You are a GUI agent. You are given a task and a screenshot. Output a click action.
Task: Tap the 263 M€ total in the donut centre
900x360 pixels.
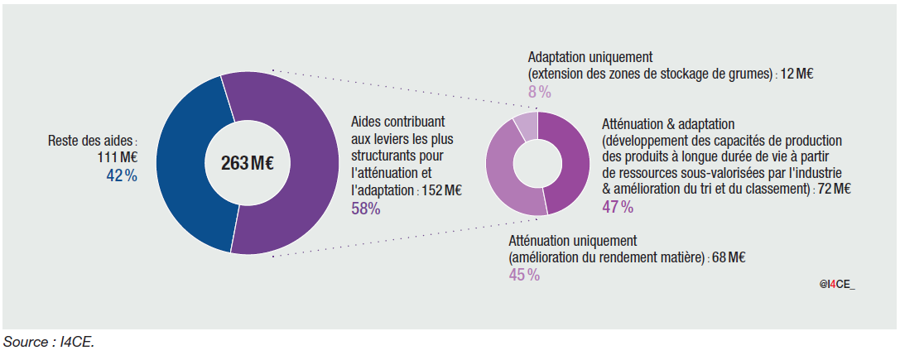pos(248,163)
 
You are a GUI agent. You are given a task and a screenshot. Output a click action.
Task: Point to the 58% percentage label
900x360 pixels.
pos(365,209)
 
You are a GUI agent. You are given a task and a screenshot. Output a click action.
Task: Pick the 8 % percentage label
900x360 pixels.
pos(539,91)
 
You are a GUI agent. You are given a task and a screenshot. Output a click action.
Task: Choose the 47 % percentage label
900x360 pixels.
pos(618,207)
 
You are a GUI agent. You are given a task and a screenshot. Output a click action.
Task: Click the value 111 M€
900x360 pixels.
pos(118,158)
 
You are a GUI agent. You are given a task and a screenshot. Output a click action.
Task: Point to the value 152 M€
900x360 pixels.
pos(442,190)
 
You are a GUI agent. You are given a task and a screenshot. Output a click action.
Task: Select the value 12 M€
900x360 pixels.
pos(797,74)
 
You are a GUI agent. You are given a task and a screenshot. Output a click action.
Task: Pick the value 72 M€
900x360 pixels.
pos(833,189)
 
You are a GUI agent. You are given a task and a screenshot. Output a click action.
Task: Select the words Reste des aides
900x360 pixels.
pos(91,142)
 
